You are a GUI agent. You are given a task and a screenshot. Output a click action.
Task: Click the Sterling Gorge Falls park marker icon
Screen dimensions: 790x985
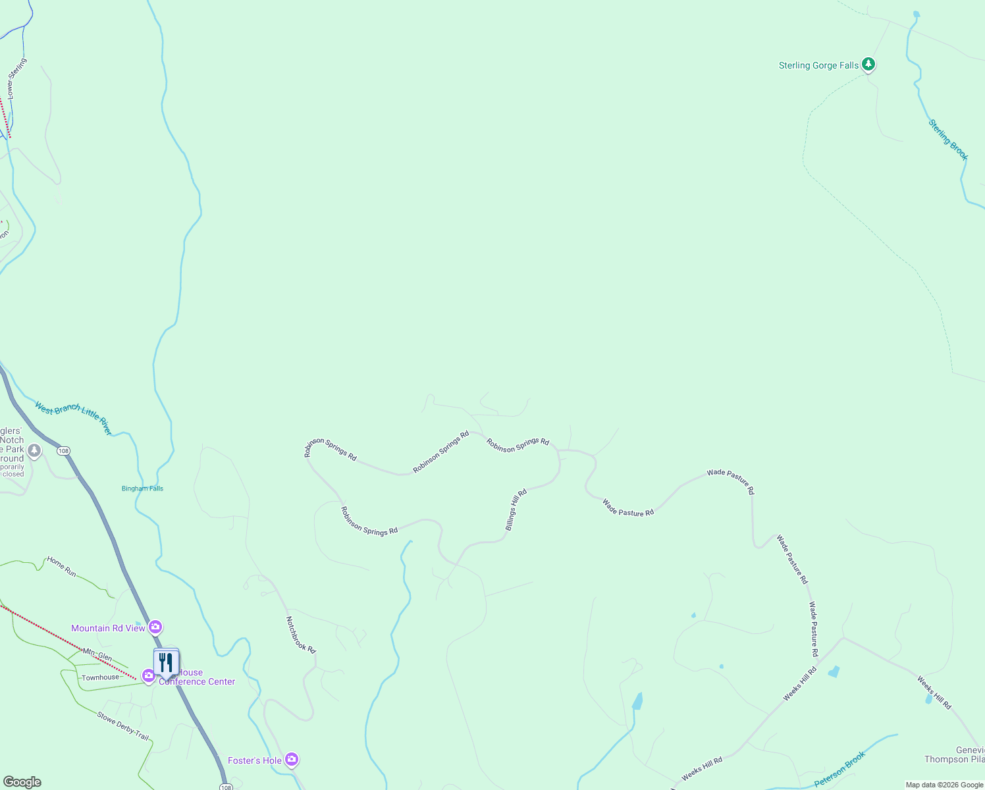868,65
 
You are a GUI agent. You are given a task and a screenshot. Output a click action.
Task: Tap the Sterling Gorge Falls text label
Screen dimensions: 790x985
818,65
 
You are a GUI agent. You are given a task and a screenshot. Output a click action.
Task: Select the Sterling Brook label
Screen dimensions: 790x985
948,140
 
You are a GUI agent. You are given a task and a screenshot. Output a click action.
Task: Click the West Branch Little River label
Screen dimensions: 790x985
74,419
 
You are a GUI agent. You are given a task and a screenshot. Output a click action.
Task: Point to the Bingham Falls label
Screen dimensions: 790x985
142,488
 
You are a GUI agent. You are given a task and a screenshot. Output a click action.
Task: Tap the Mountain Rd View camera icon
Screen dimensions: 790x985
155,627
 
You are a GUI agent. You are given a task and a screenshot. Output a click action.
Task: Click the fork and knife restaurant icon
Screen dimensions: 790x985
166,662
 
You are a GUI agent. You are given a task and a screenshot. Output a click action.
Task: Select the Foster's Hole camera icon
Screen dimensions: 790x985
292,760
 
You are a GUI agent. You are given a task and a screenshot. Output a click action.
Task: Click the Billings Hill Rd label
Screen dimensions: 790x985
516,510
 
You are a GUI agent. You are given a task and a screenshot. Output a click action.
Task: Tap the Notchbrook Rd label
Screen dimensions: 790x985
301,635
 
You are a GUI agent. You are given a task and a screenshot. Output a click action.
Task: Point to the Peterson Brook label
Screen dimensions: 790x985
839,769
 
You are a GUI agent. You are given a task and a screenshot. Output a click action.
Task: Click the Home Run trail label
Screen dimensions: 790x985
61,567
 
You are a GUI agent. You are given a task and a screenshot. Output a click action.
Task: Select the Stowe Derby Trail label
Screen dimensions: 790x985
123,726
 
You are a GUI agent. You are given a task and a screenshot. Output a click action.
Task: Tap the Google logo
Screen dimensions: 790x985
22,782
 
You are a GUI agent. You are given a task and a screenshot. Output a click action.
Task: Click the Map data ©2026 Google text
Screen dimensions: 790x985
944,785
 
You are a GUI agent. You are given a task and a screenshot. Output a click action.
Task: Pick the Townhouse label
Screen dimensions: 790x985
101,677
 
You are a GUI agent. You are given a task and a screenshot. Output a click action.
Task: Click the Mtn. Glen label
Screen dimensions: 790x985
97,654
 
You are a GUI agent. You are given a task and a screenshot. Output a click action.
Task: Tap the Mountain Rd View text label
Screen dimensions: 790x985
108,628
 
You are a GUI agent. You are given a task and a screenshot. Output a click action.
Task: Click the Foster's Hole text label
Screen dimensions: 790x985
255,760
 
